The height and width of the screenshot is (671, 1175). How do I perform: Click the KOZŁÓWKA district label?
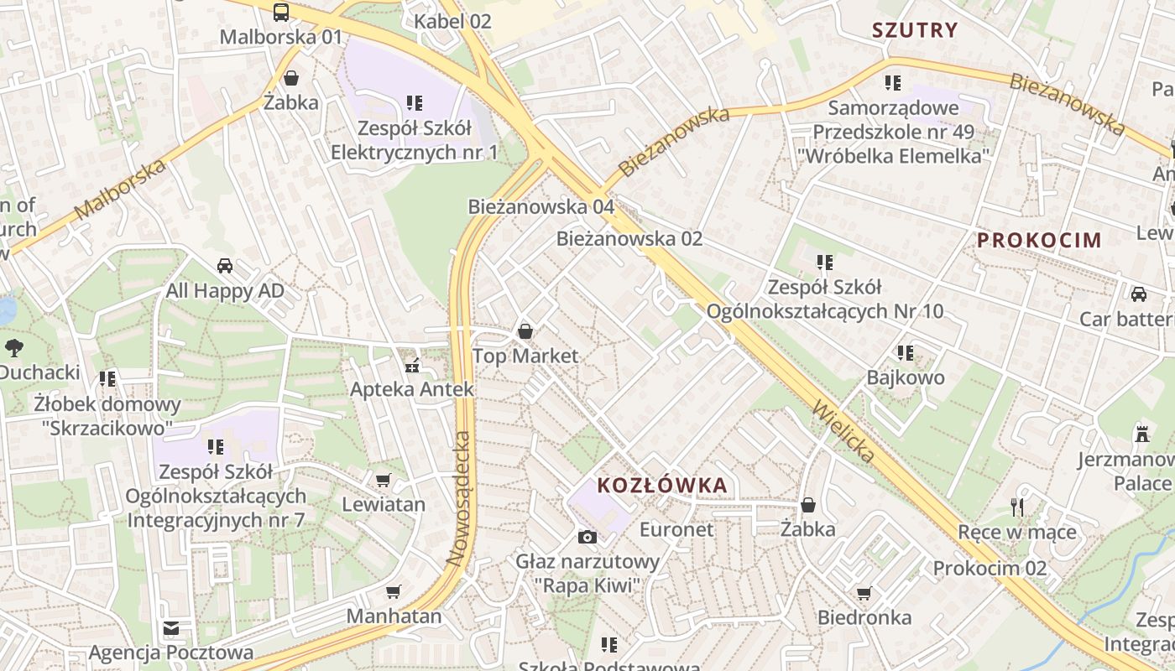click(661, 485)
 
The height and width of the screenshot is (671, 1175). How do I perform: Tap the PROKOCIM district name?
click(1039, 240)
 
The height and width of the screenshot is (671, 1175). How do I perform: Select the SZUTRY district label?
click(914, 30)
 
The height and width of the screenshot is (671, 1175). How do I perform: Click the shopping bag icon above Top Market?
click(525, 331)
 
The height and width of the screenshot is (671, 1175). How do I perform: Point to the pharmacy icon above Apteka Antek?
click(411, 366)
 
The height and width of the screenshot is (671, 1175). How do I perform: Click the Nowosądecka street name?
click(462, 498)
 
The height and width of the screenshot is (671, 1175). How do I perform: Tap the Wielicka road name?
click(843, 432)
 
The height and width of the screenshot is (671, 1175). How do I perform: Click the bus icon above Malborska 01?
click(281, 12)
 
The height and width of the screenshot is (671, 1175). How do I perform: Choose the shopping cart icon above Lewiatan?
click(383, 480)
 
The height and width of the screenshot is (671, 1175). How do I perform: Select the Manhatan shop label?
click(394, 616)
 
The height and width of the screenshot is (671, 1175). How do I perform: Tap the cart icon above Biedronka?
click(864, 593)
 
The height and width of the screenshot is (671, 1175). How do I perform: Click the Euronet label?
click(676, 529)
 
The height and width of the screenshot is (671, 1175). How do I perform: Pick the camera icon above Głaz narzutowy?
click(587, 537)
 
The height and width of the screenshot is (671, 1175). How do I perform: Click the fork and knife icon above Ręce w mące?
click(1017, 507)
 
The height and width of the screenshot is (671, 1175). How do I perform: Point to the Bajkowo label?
click(906, 377)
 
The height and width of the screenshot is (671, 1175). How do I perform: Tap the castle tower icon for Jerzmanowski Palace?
click(1141, 434)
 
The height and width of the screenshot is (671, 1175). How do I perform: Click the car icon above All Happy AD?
click(225, 266)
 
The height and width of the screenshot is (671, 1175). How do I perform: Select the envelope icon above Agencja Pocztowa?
click(171, 628)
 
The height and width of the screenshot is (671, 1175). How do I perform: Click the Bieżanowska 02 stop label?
click(629, 238)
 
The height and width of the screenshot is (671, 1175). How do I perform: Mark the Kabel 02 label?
click(452, 21)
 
